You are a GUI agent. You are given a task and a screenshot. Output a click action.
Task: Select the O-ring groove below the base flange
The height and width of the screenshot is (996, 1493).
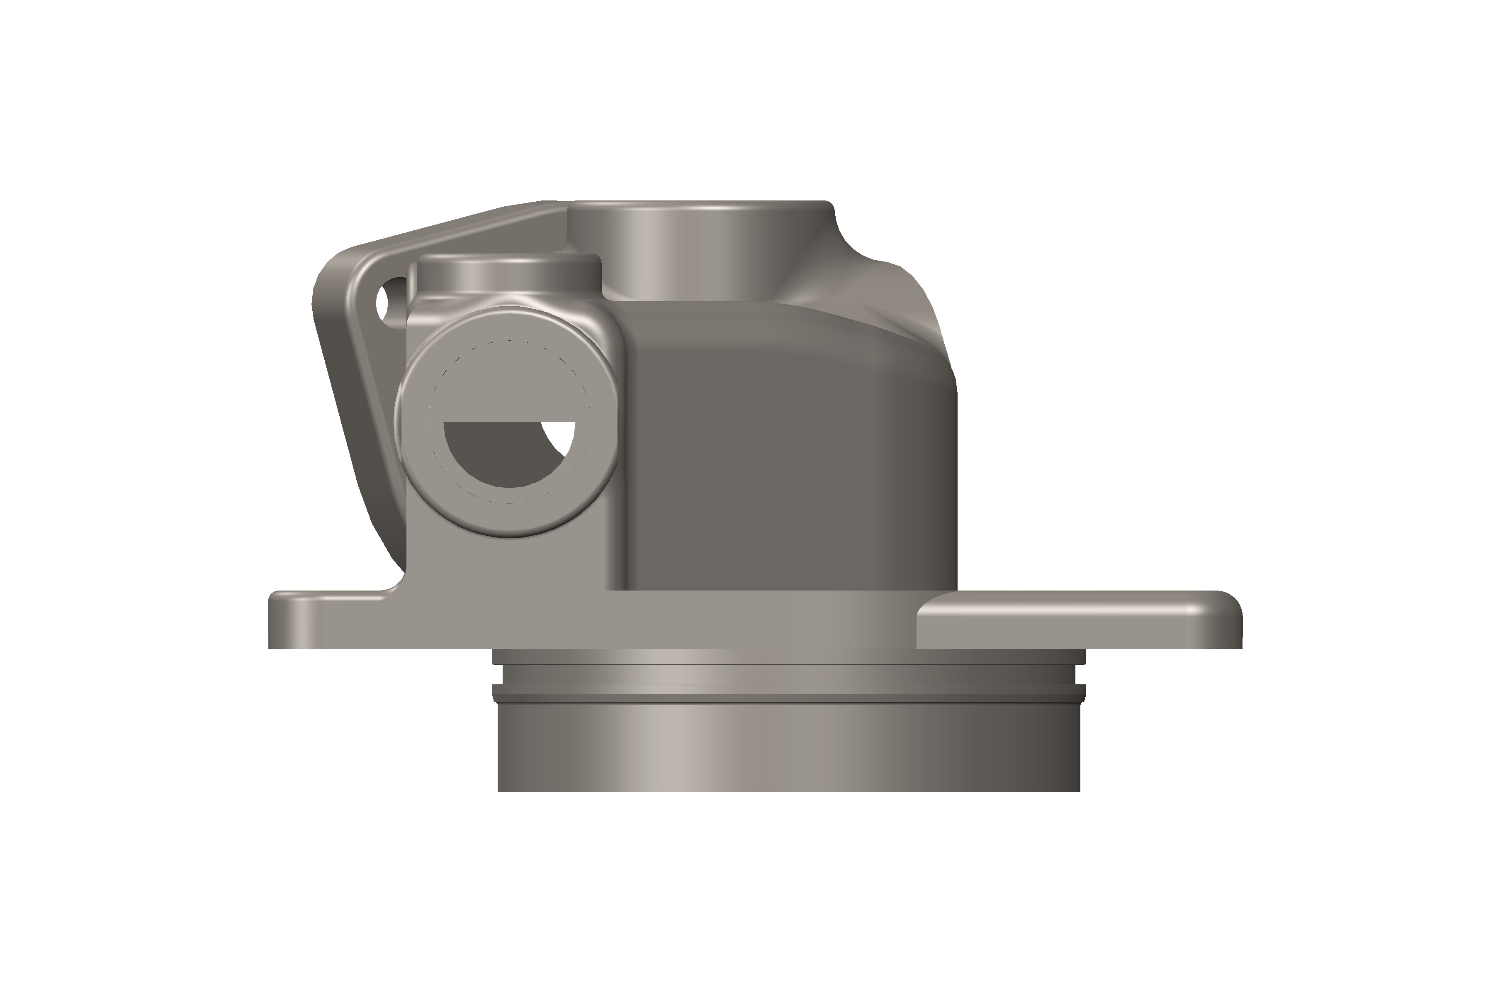(x=787, y=675)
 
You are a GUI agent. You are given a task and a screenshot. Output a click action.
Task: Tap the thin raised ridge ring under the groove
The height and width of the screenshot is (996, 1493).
(x=787, y=690)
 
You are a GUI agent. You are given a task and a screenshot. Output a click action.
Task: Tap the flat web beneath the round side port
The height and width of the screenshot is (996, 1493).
(x=508, y=565)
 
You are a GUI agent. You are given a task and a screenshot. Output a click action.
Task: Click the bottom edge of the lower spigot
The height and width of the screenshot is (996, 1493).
(x=787, y=790)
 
